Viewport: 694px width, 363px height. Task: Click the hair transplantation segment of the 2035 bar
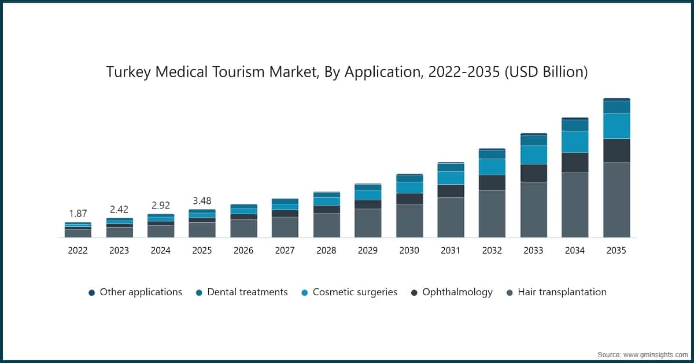(617, 200)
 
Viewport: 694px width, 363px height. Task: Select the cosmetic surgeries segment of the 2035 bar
(617, 126)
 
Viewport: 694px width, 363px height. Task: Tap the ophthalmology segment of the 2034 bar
(575, 163)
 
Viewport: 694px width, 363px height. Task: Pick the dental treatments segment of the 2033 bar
(533, 140)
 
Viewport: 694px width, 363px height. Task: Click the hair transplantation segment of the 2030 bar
(409, 221)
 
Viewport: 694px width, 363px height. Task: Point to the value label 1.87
(77, 214)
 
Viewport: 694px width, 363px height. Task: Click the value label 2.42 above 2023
(119, 209)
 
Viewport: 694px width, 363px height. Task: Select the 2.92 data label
(160, 206)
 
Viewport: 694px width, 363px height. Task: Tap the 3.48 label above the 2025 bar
(202, 201)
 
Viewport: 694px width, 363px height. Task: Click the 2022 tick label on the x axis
(77, 251)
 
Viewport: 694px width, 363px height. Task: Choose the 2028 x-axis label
(326, 251)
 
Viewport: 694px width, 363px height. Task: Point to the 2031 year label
(451, 251)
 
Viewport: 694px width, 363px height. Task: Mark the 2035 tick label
(617, 251)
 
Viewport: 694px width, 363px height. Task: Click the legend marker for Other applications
(91, 293)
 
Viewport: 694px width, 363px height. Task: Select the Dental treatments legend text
(248, 292)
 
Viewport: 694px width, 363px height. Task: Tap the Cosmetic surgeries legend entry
(355, 292)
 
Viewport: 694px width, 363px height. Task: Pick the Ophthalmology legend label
(457, 292)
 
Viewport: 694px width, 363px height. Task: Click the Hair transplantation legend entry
(562, 292)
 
